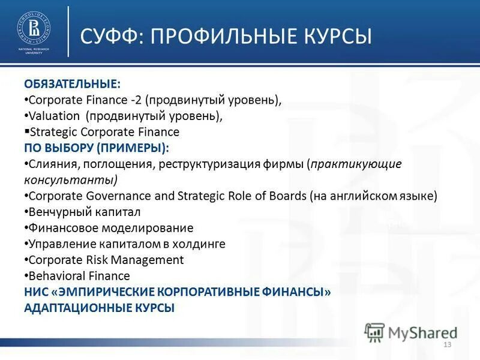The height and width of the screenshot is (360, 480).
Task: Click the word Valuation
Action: [x=54, y=116]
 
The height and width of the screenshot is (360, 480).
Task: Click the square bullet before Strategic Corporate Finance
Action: [x=26, y=131]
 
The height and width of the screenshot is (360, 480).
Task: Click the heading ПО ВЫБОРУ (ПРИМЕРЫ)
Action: [x=96, y=148]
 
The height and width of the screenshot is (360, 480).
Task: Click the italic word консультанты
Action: [x=70, y=180]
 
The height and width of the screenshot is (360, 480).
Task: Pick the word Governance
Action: [x=112, y=196]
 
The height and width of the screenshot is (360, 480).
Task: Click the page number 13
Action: [x=446, y=344]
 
